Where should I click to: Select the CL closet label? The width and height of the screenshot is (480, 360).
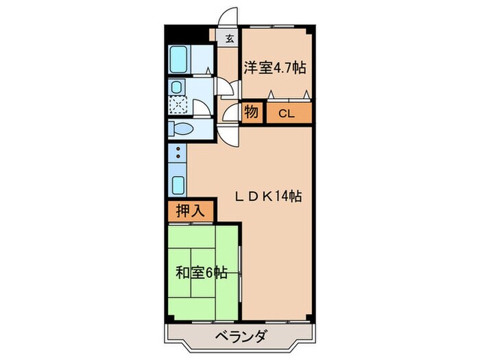point(287,113)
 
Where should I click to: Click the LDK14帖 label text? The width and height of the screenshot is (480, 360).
point(268,196)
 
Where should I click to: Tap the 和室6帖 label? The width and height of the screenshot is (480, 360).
point(201,272)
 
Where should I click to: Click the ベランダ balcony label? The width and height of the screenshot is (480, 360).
point(240,337)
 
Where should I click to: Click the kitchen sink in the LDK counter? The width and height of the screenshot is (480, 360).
point(178,185)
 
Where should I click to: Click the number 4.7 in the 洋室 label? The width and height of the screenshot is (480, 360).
point(289,67)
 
